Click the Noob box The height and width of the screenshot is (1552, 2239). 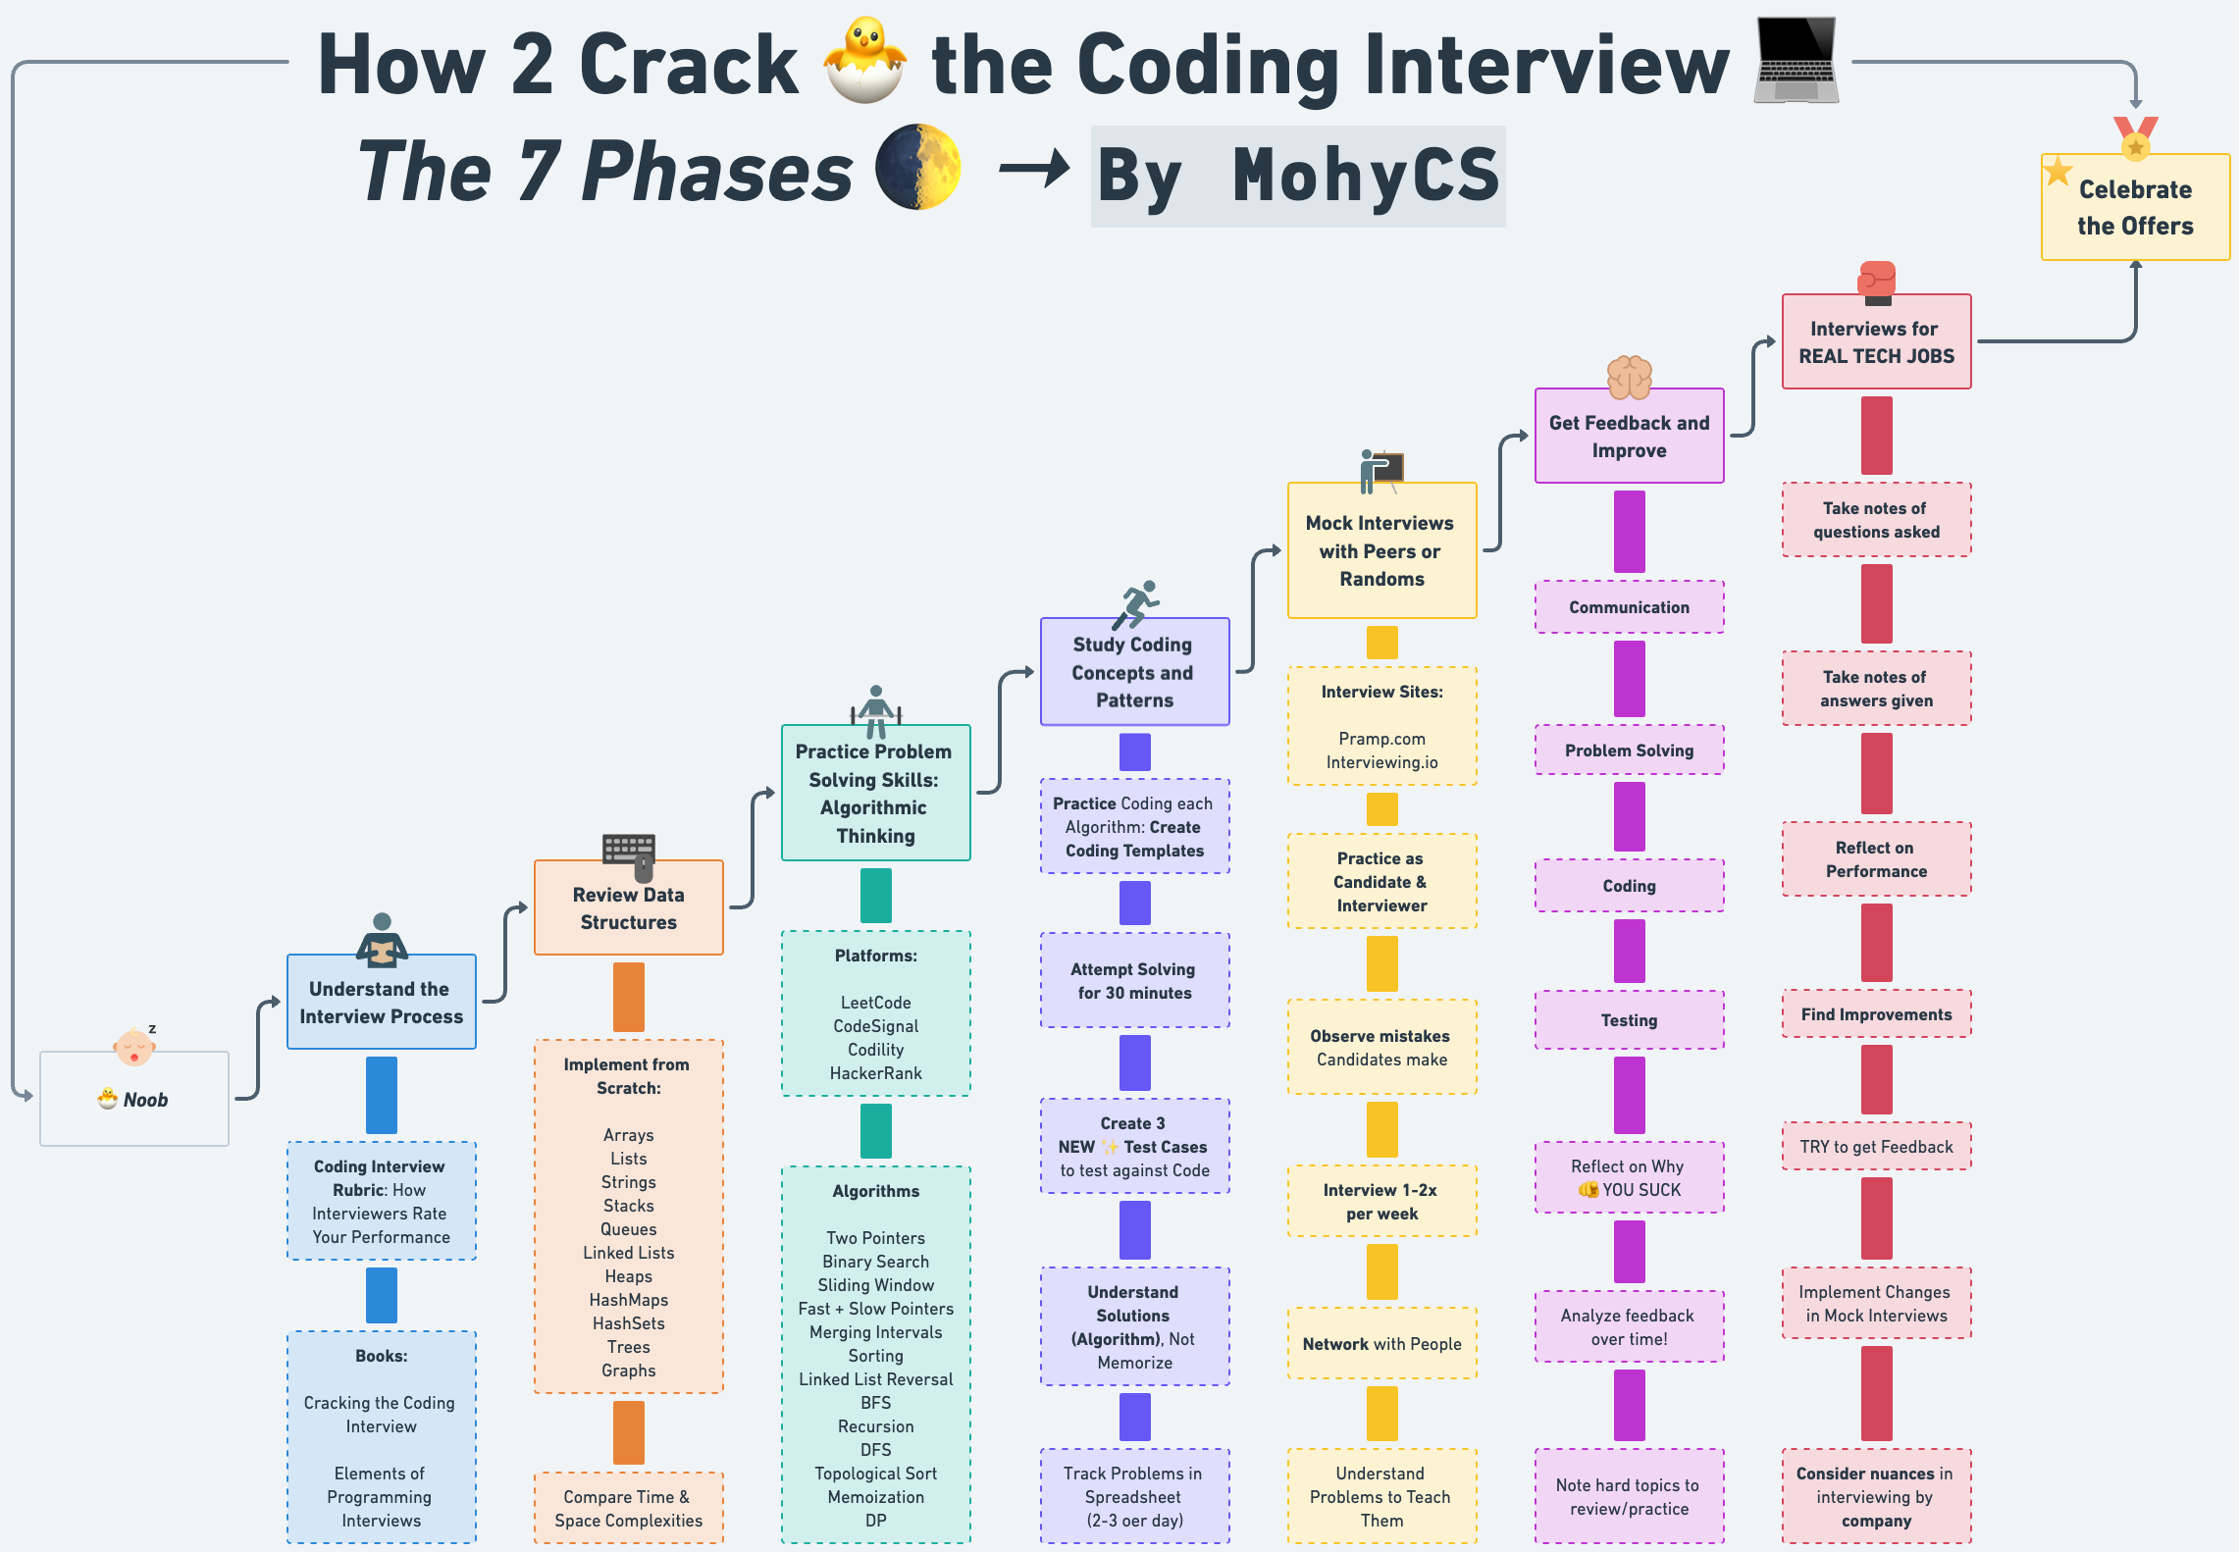point(134,1099)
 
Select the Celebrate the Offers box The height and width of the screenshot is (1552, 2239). point(2135,207)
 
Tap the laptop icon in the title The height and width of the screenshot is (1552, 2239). point(1796,61)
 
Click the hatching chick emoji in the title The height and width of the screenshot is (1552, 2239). point(864,61)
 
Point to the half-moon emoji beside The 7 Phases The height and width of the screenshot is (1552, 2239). point(917,167)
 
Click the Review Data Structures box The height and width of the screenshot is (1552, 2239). point(628,907)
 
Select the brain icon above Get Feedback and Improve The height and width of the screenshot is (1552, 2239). point(1629,377)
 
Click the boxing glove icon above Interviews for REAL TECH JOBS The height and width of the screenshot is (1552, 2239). point(1876,282)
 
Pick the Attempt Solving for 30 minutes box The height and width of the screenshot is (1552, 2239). point(1134,981)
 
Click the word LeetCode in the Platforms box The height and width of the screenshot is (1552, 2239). point(875,1003)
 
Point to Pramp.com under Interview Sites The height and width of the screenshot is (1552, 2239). point(1381,739)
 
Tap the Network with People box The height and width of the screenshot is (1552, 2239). point(1381,1344)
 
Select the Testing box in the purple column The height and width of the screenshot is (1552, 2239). point(1629,1020)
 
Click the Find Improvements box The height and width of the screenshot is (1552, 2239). point(1876,1014)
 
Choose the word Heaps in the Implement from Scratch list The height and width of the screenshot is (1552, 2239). point(628,1276)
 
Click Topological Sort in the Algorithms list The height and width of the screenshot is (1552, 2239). point(875,1474)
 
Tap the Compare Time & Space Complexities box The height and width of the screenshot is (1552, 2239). point(628,1509)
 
